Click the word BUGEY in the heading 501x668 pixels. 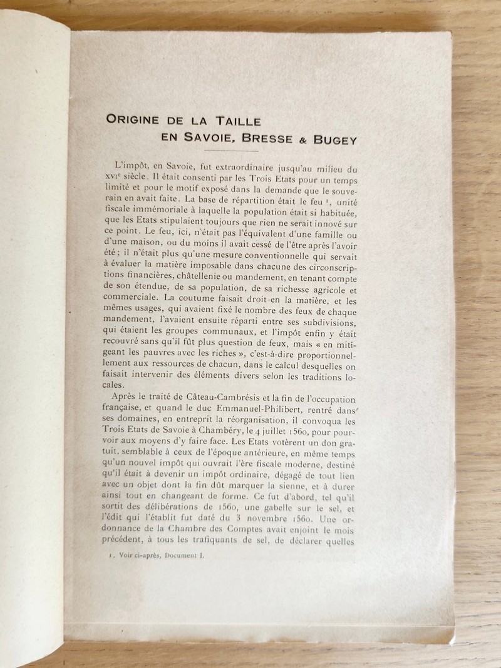[336, 139]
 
